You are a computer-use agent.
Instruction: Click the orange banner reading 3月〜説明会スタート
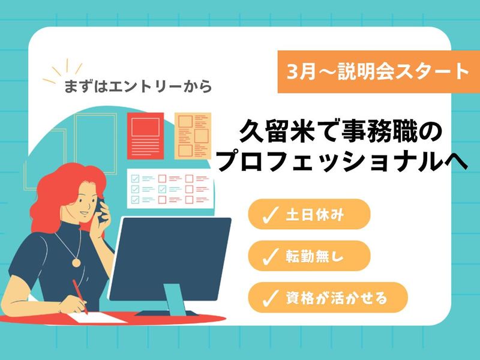click(378, 73)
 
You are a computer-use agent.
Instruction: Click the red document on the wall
click(145, 134)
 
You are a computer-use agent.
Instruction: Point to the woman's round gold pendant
click(76, 262)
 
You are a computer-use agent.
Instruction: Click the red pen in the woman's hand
click(80, 296)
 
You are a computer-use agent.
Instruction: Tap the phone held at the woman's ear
click(102, 207)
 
